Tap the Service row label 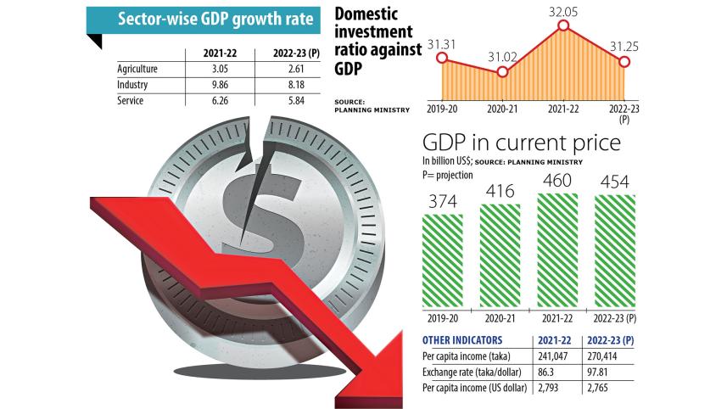point(131,101)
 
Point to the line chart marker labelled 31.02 point(502,71)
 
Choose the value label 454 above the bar point(614,182)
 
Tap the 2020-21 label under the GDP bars point(500,318)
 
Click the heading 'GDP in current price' point(521,143)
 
